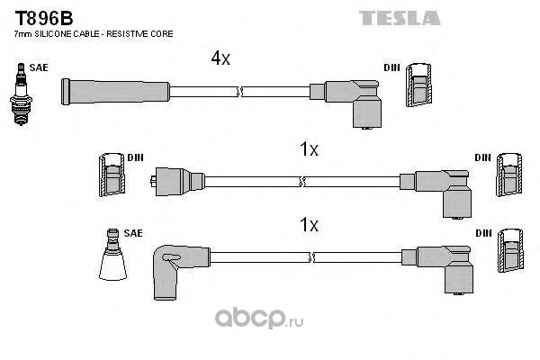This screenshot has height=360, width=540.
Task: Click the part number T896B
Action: [44, 18]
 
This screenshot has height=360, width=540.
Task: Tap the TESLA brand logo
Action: [400, 18]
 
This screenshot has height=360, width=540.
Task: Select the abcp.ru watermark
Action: [259, 319]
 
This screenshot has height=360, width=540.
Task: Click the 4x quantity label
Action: [220, 58]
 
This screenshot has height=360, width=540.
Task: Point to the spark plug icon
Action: [21, 94]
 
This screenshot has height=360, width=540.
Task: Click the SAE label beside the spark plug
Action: [39, 67]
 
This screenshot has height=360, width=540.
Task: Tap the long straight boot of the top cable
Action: [115, 92]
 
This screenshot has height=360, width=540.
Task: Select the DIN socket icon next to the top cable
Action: [418, 85]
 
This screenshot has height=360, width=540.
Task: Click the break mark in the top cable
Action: [239, 92]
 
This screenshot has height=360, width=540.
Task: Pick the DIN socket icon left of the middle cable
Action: [112, 175]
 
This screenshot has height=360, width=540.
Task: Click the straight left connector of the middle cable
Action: [177, 182]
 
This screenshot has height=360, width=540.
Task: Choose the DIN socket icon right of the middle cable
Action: [509, 175]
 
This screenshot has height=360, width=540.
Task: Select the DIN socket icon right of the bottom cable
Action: [510, 250]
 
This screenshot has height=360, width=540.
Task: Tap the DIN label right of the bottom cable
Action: [484, 233]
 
